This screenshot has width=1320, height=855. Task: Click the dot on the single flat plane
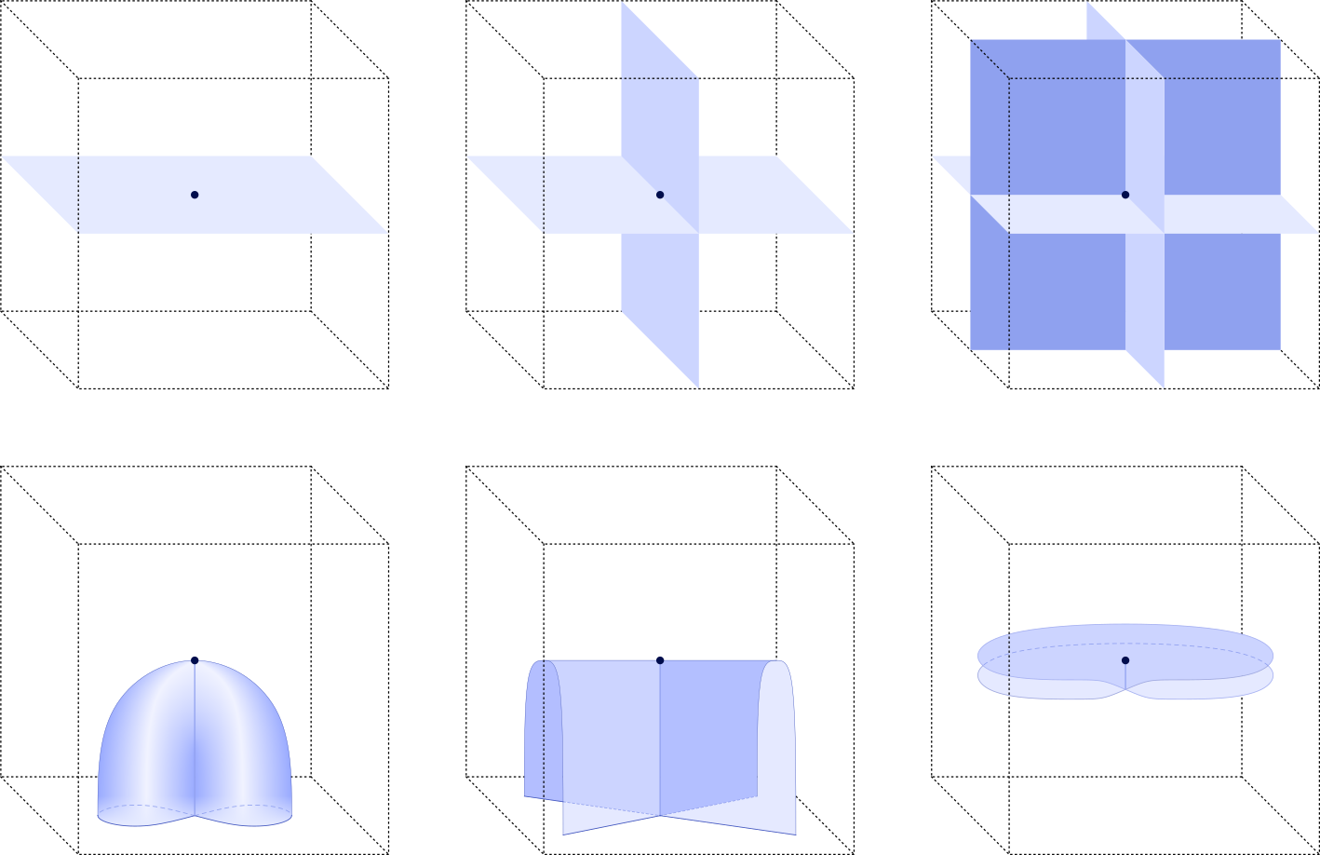pyautogui.click(x=195, y=195)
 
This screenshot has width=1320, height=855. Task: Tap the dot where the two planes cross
pyautogui.click(x=660, y=195)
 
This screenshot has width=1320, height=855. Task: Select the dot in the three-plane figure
pyautogui.click(x=1125, y=195)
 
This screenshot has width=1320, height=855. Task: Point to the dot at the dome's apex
pyautogui.click(x=195, y=660)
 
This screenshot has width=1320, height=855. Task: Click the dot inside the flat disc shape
pyautogui.click(x=1125, y=660)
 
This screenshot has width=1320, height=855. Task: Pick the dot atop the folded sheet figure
pyautogui.click(x=660, y=660)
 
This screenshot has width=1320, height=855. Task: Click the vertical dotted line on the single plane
pyautogui.click(x=78, y=196)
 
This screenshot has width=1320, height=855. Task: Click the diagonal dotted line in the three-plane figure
pyautogui.click(x=990, y=60)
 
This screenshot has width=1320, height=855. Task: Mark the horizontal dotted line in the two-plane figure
pyautogui.click(x=661, y=78)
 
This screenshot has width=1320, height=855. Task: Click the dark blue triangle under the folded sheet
pyautogui.click(x=735, y=823)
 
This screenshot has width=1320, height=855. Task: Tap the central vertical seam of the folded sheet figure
pyautogui.click(x=660, y=736)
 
